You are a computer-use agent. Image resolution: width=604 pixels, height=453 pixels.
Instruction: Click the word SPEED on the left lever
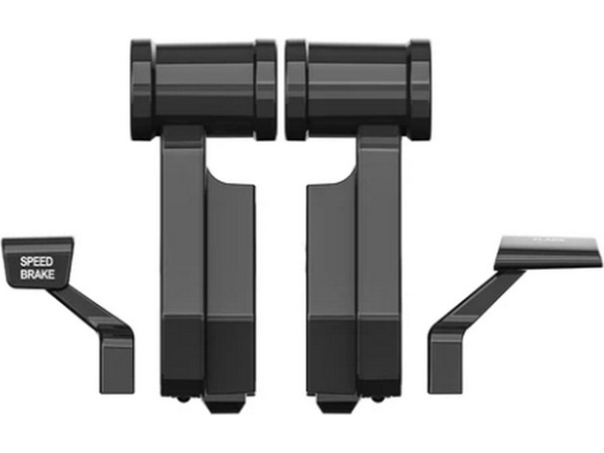pos(36,262)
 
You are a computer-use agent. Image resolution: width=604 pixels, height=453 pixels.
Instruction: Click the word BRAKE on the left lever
pos(37,275)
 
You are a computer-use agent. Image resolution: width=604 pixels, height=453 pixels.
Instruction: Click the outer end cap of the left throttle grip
pos(142,90)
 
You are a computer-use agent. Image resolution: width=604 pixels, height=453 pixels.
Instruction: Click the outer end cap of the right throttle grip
pos(420,90)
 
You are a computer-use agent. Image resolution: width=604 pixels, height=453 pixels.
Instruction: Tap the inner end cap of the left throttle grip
pos(265,90)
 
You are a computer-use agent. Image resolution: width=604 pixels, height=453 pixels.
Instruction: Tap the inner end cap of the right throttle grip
pos(296,90)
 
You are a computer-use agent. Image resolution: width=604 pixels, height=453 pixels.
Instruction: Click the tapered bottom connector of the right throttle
pos(336,403)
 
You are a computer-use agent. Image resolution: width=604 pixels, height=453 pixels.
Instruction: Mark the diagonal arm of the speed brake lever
pos(86,307)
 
